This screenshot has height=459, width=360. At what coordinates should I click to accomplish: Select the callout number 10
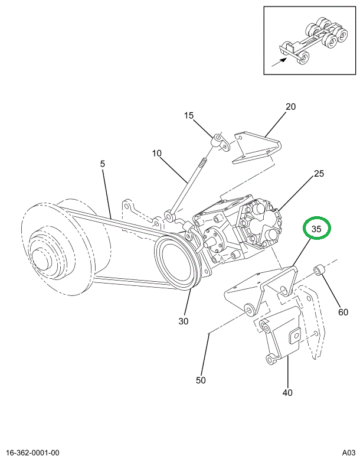(156, 154)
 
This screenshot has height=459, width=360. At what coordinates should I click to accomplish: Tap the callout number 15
(188, 116)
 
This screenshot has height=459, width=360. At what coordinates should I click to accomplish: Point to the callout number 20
(290, 107)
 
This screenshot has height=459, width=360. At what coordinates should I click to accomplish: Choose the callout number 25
(319, 174)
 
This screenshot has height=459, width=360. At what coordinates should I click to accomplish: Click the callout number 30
(183, 321)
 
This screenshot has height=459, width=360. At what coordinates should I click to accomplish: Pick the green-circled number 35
(316, 229)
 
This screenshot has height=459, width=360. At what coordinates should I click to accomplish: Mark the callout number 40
(287, 392)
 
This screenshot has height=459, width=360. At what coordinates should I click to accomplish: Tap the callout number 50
(201, 380)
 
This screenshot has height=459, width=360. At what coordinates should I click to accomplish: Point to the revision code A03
(348, 453)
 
